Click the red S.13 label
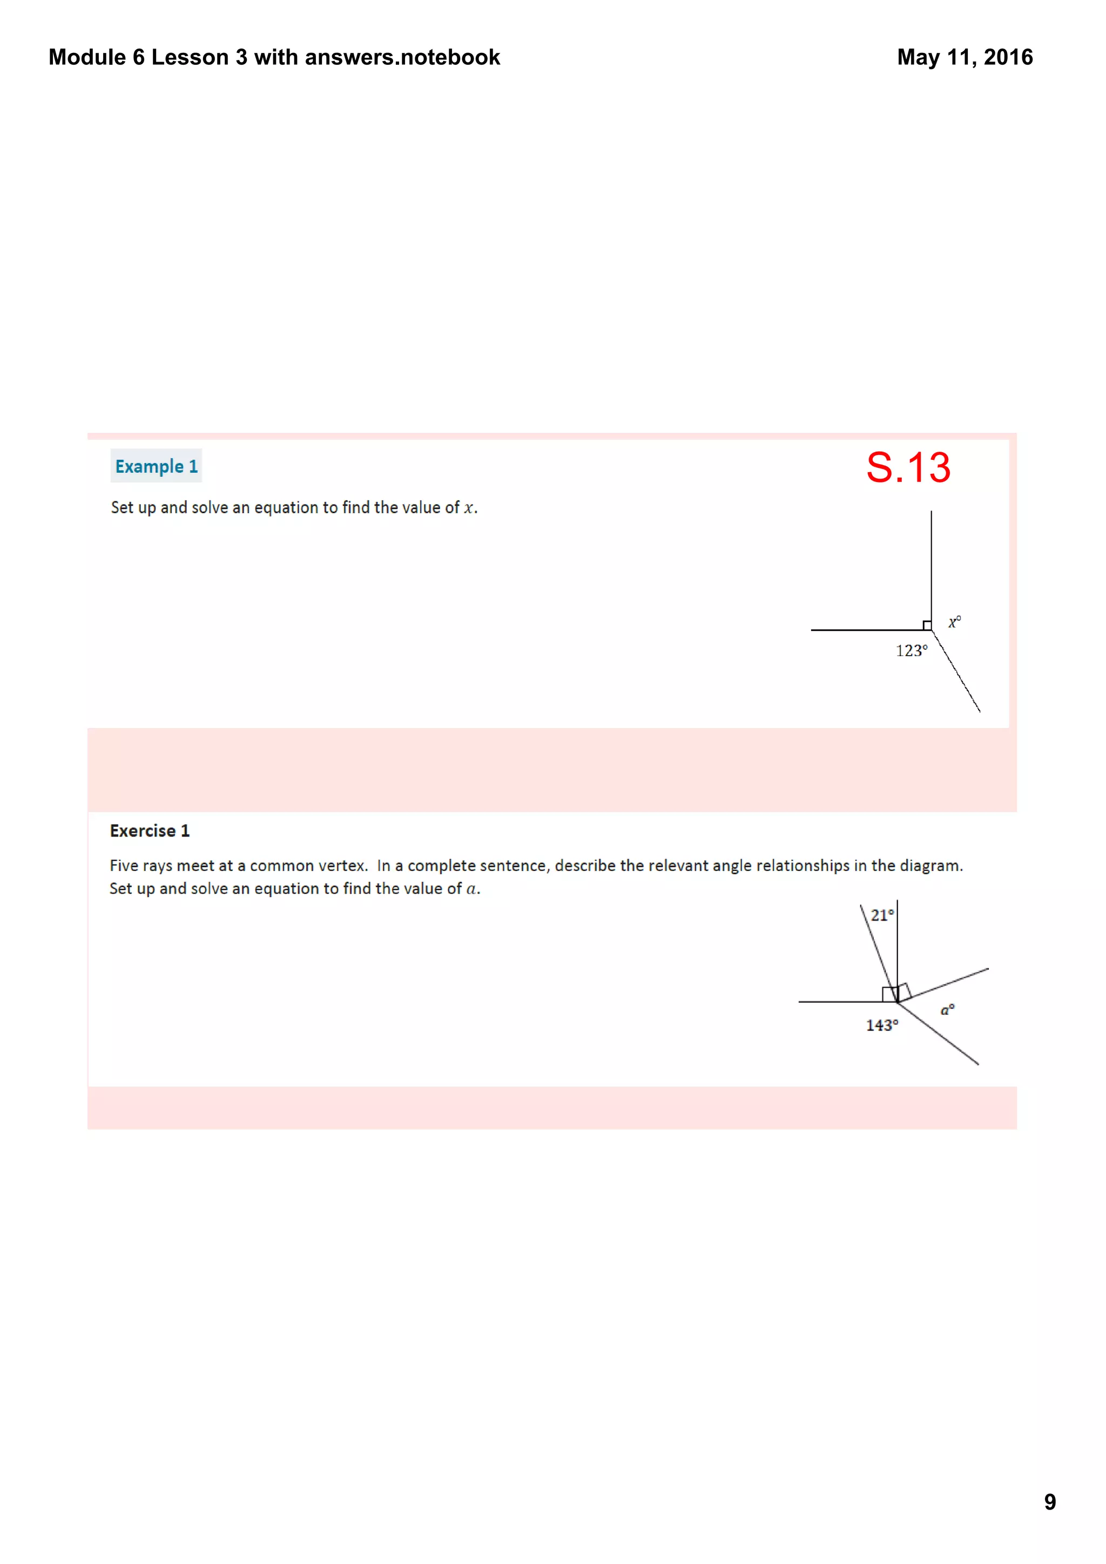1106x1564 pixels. [x=908, y=467]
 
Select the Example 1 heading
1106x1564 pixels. [x=156, y=467]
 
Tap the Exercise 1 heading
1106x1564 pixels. [x=149, y=831]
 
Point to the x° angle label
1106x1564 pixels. [x=954, y=622]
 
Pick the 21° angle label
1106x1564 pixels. [x=882, y=915]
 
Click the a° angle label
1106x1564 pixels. [x=947, y=1010]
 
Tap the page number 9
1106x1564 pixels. [x=1049, y=1501]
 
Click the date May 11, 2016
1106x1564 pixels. [x=965, y=57]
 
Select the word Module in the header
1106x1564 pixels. [x=87, y=57]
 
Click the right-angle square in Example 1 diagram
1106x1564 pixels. [x=927, y=625]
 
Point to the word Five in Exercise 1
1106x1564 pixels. [x=124, y=865]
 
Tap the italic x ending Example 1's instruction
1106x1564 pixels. [x=468, y=508]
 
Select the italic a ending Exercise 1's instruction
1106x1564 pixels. [x=471, y=889]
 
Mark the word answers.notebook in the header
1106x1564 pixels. [x=402, y=57]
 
